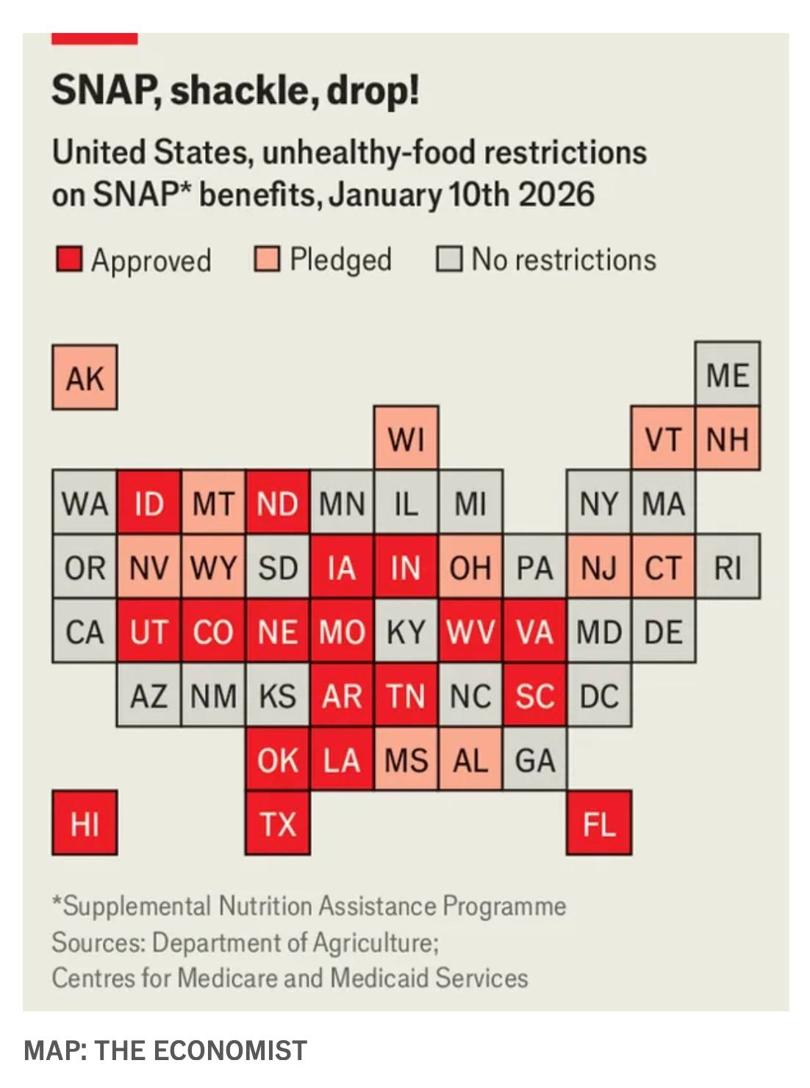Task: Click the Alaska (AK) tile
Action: coord(85,377)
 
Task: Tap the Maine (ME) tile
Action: coord(727,374)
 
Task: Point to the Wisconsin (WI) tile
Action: coord(406,438)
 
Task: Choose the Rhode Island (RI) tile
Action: coord(727,567)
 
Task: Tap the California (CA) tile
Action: coord(85,631)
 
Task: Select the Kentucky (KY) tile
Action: coord(406,631)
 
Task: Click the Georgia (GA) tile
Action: coord(534,759)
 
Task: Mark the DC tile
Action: coord(598,695)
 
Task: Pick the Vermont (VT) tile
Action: coord(663,438)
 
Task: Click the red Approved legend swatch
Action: coord(69,260)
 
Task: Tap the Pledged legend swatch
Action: coord(267,260)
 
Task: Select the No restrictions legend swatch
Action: coord(449,260)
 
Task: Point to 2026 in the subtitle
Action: coord(556,194)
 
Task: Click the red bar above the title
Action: coord(94,38)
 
